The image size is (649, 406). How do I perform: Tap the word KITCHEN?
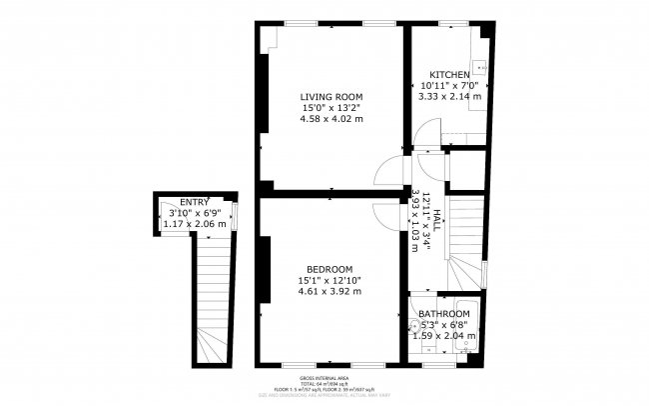(x=450, y=76)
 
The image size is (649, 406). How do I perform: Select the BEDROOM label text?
(x=329, y=269)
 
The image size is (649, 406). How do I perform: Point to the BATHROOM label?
(x=444, y=313)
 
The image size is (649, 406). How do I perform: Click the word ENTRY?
(x=195, y=202)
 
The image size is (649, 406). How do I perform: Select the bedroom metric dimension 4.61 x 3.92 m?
(x=329, y=292)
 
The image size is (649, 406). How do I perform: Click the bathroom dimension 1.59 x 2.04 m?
(x=444, y=336)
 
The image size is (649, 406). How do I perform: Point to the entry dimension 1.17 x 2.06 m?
(x=195, y=224)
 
